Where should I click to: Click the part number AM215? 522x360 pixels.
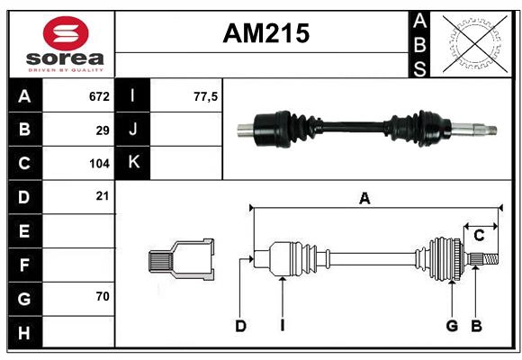(265, 33)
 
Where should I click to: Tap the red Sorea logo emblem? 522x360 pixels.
(65, 34)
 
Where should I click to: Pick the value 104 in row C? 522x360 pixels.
(99, 164)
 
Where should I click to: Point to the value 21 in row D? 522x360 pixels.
(103, 195)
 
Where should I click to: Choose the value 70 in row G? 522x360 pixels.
(103, 296)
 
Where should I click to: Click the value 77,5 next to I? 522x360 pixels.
(206, 95)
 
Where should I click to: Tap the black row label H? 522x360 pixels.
(24, 333)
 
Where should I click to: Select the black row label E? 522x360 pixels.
(24, 231)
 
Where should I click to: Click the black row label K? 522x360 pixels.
(133, 163)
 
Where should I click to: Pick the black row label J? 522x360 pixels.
(133, 130)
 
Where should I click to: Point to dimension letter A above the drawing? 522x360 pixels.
(364, 199)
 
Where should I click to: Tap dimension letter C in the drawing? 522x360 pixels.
(479, 236)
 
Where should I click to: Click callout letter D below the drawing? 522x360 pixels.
(240, 326)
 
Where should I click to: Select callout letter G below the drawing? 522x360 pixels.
(452, 326)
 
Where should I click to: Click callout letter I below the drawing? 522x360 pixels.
(282, 326)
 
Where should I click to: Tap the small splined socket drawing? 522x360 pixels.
(181, 259)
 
